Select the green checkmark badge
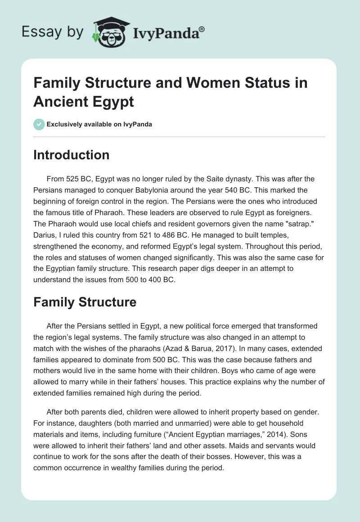tap(39, 124)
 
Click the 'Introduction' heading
tap(71, 155)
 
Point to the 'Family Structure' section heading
tap(85, 302)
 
